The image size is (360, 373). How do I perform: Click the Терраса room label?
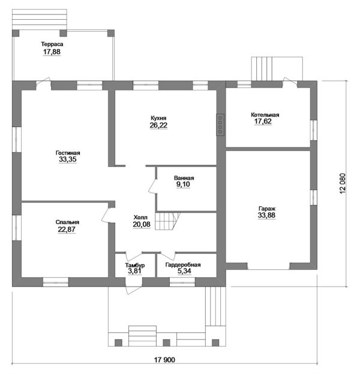coord(52,44)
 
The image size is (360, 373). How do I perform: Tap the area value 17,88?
coord(52,52)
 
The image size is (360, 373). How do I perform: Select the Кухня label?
coord(158,118)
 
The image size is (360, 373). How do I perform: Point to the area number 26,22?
coord(158,125)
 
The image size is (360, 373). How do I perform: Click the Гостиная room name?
coord(68,153)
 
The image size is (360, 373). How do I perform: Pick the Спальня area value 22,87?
coord(67,230)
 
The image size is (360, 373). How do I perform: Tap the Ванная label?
coord(184,178)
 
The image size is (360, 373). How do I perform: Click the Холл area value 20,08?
coord(142,224)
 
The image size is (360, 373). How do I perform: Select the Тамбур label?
coord(135,265)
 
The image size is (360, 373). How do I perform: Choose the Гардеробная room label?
coord(183,265)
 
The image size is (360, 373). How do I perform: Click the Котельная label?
coord(265,115)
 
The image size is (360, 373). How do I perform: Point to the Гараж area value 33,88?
coord(266,215)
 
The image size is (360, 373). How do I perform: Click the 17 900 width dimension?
coord(164,360)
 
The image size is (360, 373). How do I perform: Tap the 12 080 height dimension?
coord(343,184)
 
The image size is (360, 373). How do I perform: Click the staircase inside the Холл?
coord(167,221)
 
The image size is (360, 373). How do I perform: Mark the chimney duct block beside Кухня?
coord(220,125)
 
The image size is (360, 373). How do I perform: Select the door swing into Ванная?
coord(152,186)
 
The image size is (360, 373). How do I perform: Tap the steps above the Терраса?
coord(40,20)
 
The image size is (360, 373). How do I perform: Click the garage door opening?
coord(268,269)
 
